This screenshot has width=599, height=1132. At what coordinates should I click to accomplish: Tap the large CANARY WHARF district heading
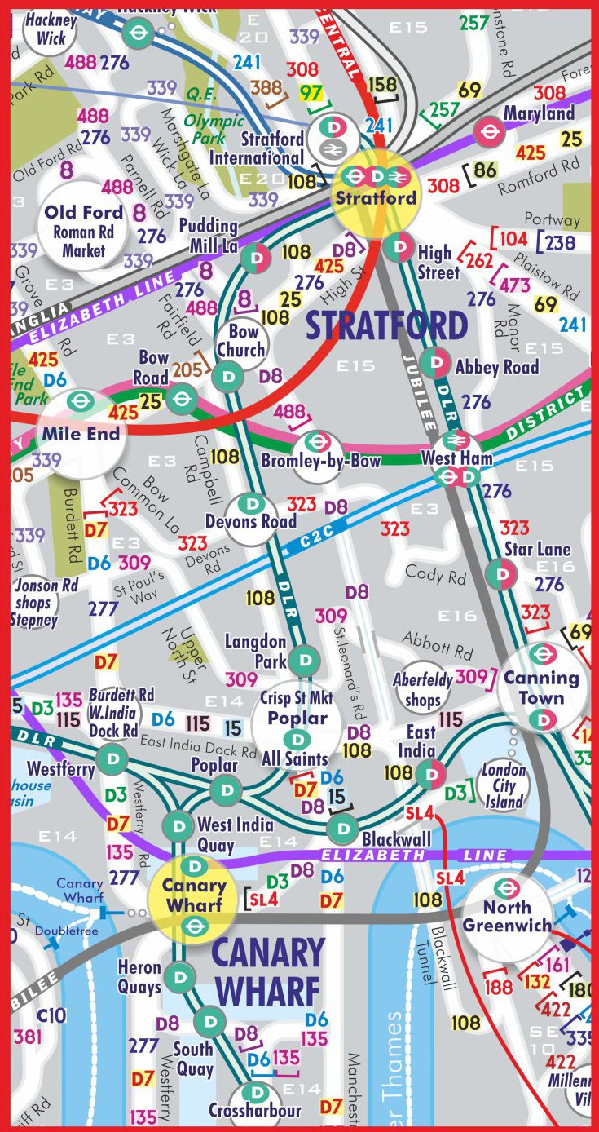268,971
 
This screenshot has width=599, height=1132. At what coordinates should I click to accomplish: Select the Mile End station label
81,434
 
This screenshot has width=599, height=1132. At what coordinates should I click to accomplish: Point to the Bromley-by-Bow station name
320,462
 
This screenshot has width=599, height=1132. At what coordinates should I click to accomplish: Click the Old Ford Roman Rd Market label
84,232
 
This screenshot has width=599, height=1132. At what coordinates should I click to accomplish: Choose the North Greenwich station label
506,917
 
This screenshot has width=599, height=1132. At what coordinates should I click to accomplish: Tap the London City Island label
504,785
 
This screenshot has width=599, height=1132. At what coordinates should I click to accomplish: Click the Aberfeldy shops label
422,688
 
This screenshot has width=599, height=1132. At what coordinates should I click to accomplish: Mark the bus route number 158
382,85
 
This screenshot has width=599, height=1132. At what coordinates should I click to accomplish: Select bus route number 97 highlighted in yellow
311,93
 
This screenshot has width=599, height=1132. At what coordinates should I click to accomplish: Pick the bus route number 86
485,170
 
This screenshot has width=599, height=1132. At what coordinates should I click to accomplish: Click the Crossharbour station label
254,1110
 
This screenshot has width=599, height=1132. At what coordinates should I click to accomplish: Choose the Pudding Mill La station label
209,235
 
